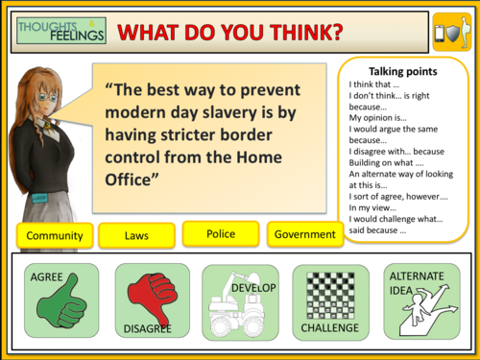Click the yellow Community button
(55, 235)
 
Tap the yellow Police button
(221, 233)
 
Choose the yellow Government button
(304, 234)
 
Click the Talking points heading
(404, 71)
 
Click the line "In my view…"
(374, 207)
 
